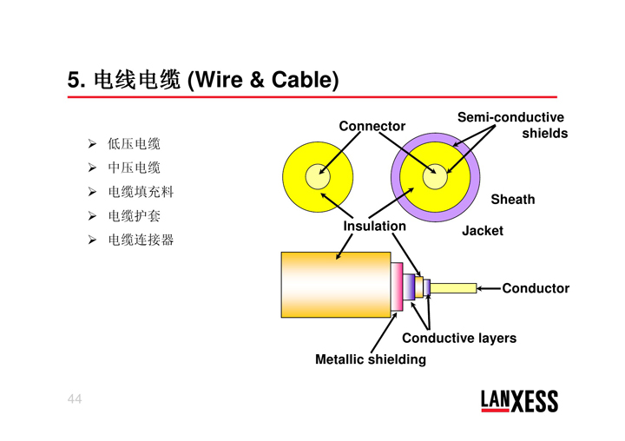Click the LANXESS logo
coord(519,400)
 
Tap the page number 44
coord(75,398)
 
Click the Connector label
coord(372,126)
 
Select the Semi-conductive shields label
coord(511,125)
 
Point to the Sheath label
coord(512,200)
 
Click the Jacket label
coord(482,231)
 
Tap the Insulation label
coord(374,226)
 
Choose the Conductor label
coord(536,288)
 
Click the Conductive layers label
coord(458,338)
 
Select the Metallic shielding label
coord(371,359)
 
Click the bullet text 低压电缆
coord(134,144)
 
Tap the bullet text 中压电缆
coord(134,168)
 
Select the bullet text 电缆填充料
coord(141,192)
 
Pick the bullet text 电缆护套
coord(134,215)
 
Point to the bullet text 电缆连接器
coord(141,239)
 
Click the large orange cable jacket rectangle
coord(335,285)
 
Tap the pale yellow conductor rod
coord(453,288)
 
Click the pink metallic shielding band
coord(397,286)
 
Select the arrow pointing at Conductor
coord(490,288)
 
